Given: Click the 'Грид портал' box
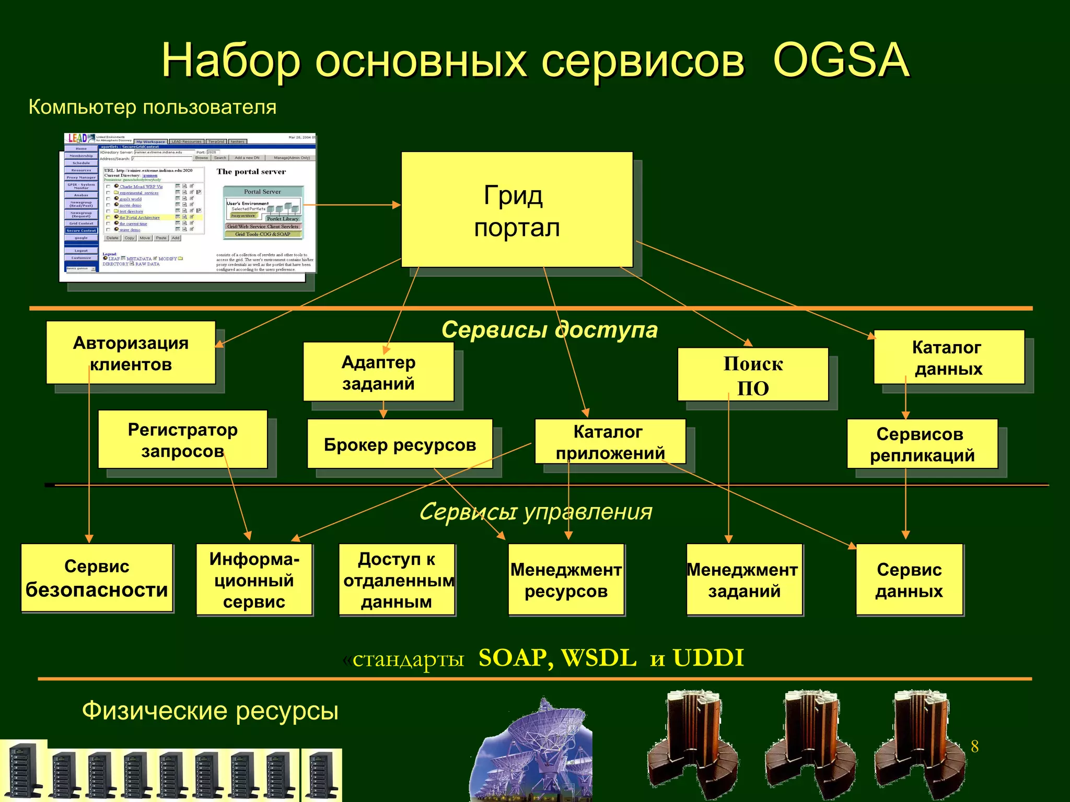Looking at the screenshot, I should click(x=517, y=210).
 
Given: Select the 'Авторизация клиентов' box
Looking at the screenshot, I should click(x=131, y=353).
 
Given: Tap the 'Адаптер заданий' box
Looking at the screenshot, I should click(x=378, y=372).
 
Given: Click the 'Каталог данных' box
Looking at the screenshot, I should click(x=948, y=357).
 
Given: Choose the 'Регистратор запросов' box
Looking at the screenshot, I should click(x=182, y=440).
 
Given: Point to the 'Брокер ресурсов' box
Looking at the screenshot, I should click(x=400, y=444).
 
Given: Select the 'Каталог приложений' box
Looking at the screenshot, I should click(x=610, y=442).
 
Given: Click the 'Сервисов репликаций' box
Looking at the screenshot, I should click(x=922, y=444).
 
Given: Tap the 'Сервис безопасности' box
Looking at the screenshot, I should click(x=97, y=577).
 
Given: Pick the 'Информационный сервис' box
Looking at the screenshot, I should click(x=254, y=580).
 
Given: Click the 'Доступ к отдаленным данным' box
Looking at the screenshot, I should click(x=397, y=580).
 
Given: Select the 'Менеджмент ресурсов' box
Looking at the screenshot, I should click(x=566, y=580).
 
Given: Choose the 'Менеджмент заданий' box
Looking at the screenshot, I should click(x=743, y=580).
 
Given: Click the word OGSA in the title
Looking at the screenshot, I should click(x=841, y=61).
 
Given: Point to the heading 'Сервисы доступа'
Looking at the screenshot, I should click(x=549, y=330).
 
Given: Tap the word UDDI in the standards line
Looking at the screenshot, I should click(x=708, y=658).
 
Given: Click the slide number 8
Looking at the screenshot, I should click(x=974, y=746).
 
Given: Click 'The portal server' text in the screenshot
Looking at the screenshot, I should click(x=251, y=172).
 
